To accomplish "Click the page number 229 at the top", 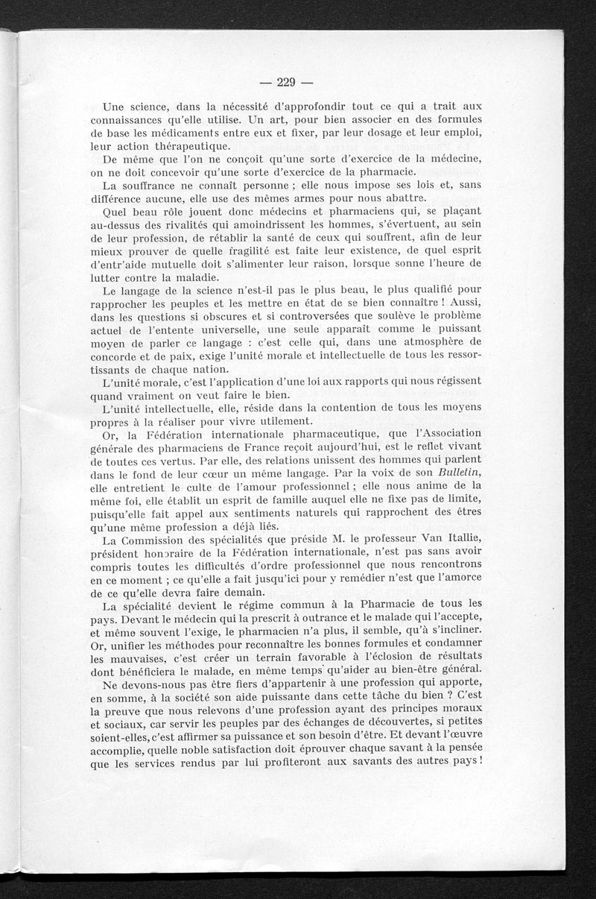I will pyautogui.click(x=287, y=82).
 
